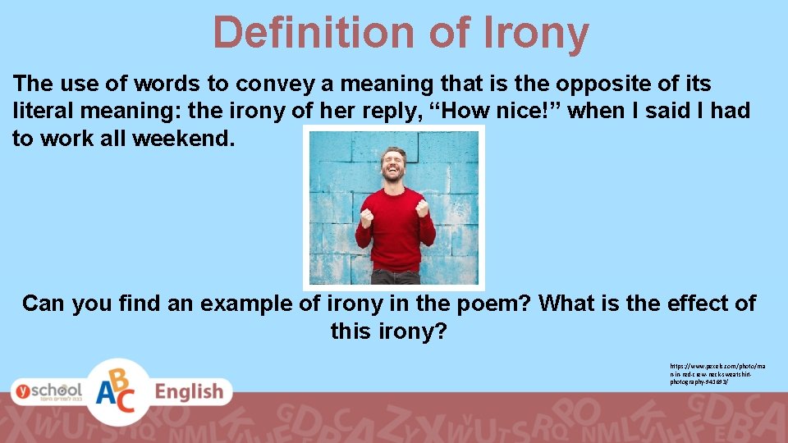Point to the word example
point(239,304)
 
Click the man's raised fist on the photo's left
point(366,217)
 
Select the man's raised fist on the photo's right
point(423,207)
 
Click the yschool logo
point(47,390)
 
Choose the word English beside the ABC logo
point(189,391)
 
